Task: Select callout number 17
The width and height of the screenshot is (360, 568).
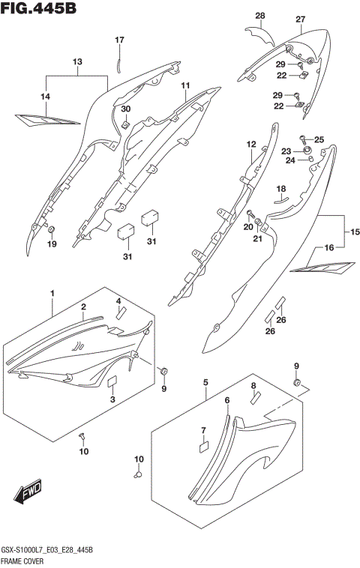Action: tap(118, 40)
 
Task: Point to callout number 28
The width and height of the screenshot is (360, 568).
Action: tap(260, 16)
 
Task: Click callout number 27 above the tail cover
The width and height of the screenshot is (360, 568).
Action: tap(300, 19)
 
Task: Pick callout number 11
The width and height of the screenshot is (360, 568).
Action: tap(184, 87)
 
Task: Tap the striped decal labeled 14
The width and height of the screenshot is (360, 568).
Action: tap(46, 118)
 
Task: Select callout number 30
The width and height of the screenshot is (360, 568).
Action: tap(126, 109)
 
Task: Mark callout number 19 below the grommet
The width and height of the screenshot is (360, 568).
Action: tap(52, 244)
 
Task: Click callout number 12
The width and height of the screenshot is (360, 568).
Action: tap(251, 144)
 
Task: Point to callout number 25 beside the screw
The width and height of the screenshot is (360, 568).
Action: tap(319, 139)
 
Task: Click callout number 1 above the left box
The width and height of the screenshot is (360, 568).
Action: tap(52, 291)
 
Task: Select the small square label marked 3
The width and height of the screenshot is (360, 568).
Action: tap(113, 381)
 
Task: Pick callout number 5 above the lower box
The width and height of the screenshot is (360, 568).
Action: tap(205, 383)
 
